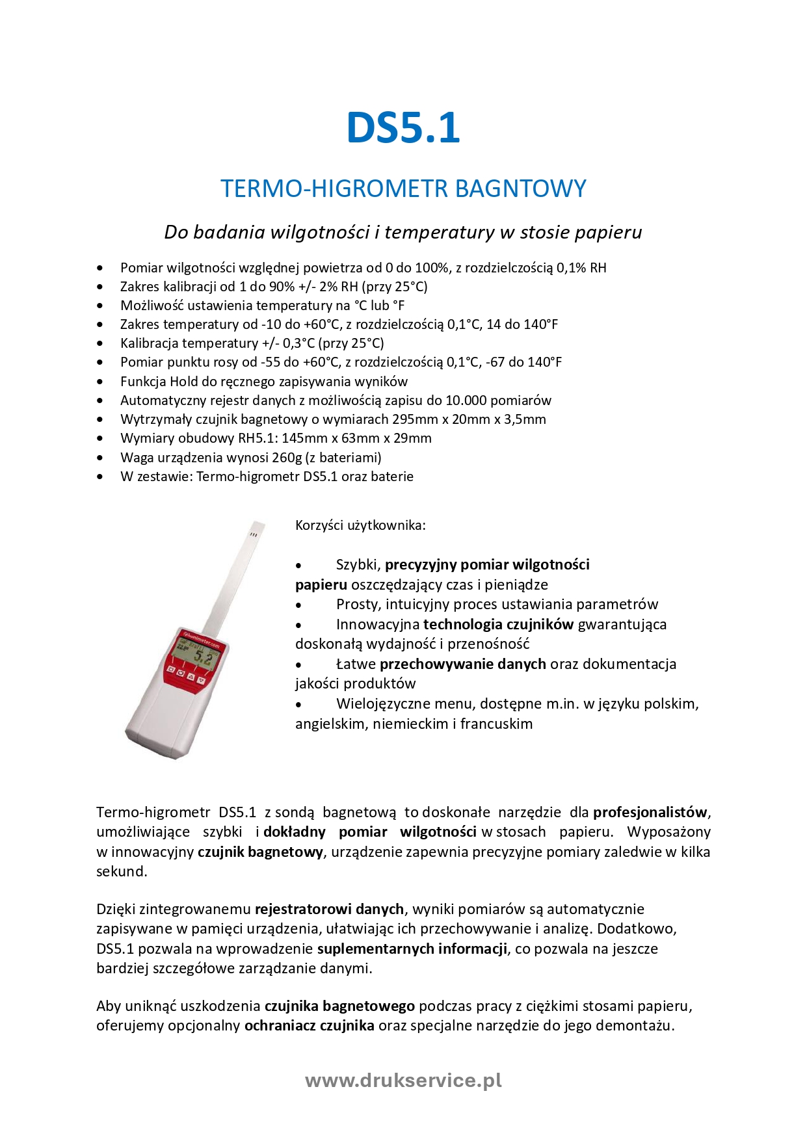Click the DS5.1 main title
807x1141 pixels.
pyautogui.click(x=403, y=127)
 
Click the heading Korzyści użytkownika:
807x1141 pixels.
pyautogui.click(x=360, y=525)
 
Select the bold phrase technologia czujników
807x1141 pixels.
pyautogui.click(x=498, y=625)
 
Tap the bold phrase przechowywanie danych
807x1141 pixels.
pyautogui.click(x=462, y=664)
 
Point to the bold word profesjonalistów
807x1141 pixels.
pyautogui.click(x=650, y=813)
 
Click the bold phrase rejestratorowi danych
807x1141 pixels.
pyautogui.click(x=330, y=910)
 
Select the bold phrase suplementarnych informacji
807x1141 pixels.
pyautogui.click(x=412, y=949)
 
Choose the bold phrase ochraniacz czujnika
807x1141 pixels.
pyautogui.click(x=309, y=1026)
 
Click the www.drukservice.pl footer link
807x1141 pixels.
pyautogui.click(x=403, y=1081)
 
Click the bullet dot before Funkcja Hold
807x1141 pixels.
pyautogui.click(x=99, y=382)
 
